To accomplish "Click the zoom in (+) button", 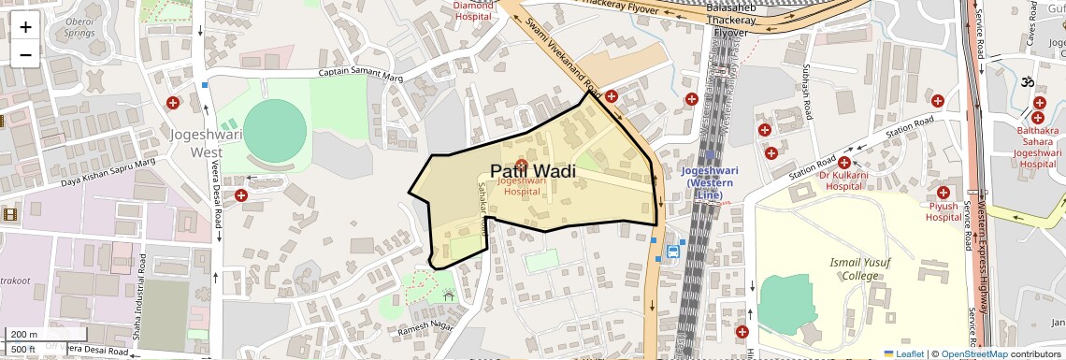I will (25, 26).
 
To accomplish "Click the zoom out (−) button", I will (25, 54).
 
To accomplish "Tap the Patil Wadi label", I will (532, 171).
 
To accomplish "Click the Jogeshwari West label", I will (196, 142).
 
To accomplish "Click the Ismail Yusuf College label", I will (854, 268).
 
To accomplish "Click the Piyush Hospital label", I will (944, 211).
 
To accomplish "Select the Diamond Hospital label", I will (473, 10).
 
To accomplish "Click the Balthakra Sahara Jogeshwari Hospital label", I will (1038, 147).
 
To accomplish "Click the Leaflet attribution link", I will (903, 353).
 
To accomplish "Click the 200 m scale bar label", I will (24, 334).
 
